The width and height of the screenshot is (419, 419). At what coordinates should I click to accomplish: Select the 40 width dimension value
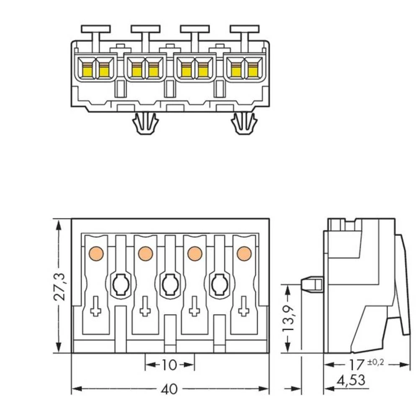pyautogui.click(x=169, y=389)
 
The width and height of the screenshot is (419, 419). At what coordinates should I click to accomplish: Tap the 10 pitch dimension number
pyautogui.click(x=169, y=365)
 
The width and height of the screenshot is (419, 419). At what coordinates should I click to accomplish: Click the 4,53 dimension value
pyautogui.click(x=351, y=381)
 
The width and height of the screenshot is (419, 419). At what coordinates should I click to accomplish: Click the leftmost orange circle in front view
pyautogui.click(x=96, y=253)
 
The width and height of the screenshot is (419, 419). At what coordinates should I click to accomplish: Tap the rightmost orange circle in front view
pyautogui.click(x=243, y=253)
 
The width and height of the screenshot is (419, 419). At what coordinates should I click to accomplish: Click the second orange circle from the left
pyautogui.click(x=145, y=253)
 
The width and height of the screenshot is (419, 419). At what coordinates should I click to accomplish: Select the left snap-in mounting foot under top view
pyautogui.click(x=145, y=124)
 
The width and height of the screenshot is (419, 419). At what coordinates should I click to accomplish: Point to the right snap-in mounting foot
pyautogui.click(x=244, y=124)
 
